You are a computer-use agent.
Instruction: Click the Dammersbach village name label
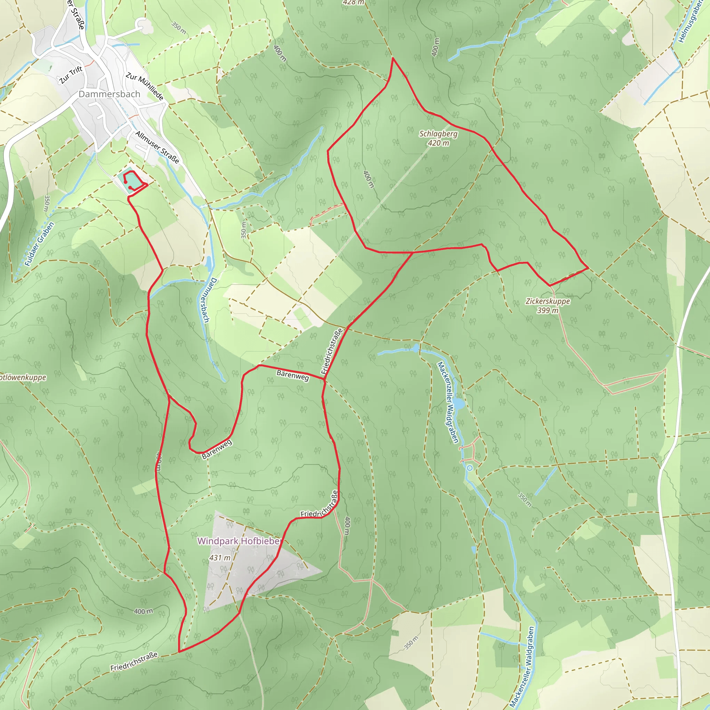click(x=110, y=94)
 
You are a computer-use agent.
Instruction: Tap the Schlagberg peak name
click(x=439, y=134)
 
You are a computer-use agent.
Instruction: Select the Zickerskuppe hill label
click(x=547, y=301)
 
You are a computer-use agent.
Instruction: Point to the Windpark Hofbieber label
click(x=239, y=541)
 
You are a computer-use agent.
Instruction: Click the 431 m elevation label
click(x=220, y=558)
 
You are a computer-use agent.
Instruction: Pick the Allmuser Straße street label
click(x=157, y=147)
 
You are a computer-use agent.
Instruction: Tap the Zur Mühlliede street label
click(x=145, y=86)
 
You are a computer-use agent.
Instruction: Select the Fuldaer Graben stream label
click(x=39, y=244)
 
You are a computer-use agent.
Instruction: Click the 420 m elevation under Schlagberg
click(x=439, y=143)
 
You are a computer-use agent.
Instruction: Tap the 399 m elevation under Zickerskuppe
click(x=547, y=311)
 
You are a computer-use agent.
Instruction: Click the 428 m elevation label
click(x=353, y=2)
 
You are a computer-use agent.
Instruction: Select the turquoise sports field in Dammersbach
click(x=129, y=181)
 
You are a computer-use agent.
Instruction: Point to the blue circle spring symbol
click(x=470, y=468)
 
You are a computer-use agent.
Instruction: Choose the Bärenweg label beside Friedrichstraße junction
click(x=293, y=375)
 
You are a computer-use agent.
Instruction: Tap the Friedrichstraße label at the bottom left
click(x=134, y=661)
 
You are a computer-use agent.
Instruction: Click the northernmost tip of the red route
click(x=393, y=58)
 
